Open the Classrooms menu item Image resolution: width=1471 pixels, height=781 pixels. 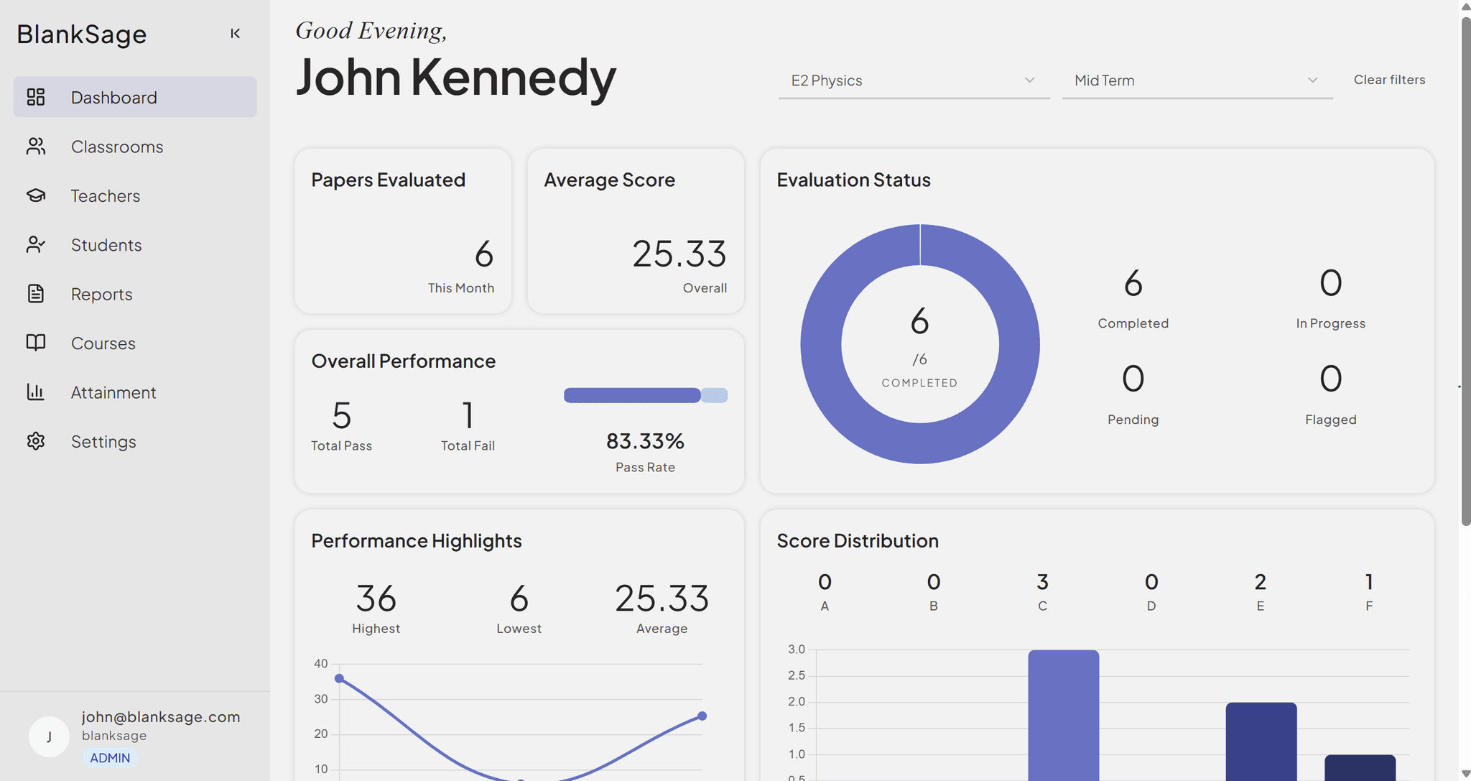[116, 147]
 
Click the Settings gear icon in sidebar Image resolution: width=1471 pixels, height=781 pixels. [36, 441]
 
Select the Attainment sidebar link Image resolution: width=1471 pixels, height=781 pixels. [113, 392]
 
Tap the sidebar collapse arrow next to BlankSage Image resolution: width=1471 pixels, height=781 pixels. [235, 34]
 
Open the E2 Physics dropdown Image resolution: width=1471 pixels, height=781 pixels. [913, 80]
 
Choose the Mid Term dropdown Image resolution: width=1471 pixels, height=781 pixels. [1197, 80]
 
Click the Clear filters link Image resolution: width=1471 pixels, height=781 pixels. [1388, 80]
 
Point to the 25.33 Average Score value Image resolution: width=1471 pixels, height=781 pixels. [679, 254]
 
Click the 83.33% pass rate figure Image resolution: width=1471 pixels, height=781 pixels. [645, 440]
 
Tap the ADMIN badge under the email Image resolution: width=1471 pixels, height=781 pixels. [110, 758]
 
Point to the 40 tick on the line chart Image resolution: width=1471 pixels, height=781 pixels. [321, 663]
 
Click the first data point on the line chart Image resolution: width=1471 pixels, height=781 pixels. [340, 678]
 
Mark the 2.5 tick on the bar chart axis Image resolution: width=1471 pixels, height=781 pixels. [796, 675]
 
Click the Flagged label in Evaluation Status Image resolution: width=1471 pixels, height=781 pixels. [1330, 420]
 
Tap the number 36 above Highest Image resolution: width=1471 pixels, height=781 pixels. [376, 599]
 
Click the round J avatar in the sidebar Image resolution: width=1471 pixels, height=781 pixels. [49, 736]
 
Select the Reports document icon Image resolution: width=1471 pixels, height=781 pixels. [36, 294]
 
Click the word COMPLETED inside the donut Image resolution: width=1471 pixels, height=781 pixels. [919, 383]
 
